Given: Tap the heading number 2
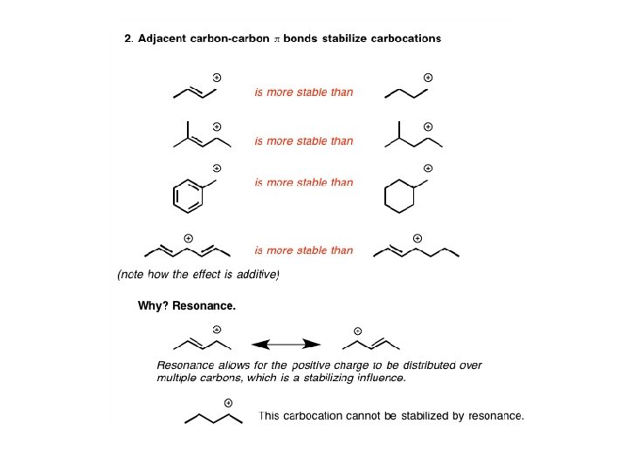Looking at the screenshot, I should coord(128,38).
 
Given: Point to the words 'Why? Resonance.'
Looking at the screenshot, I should coord(186,306).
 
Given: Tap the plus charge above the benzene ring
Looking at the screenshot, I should coord(217,167).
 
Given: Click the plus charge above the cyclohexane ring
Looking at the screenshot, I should coord(428,167).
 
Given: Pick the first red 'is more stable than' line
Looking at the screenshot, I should coord(304,92).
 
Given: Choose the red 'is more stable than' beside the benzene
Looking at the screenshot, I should coord(304,182).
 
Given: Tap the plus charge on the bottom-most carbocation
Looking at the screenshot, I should coord(229,402).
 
